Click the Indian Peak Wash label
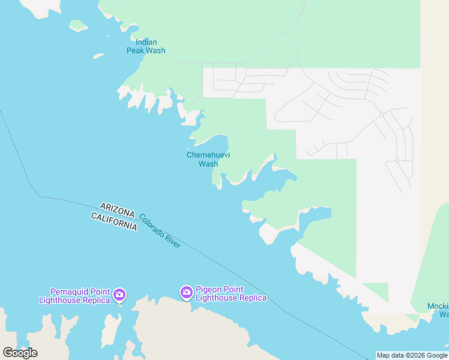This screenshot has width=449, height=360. [x=146, y=46]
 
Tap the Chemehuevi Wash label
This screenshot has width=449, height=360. [x=208, y=159]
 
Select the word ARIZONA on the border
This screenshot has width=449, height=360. [x=118, y=209]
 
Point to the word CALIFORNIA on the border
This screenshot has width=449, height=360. [x=114, y=220]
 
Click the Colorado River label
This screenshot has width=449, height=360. [x=160, y=231]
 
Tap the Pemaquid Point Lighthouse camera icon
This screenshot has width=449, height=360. [x=119, y=294]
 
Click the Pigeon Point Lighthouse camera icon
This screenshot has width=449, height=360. [x=187, y=292]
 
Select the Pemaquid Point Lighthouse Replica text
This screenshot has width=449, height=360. [x=74, y=295]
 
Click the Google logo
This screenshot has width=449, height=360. [x=20, y=353]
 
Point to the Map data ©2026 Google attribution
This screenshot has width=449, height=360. [x=412, y=355]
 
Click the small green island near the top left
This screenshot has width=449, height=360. [x=78, y=26]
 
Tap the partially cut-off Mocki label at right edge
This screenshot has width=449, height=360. [x=438, y=310]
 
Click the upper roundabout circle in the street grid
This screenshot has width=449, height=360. [x=381, y=115]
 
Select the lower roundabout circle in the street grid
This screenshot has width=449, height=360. [x=397, y=161]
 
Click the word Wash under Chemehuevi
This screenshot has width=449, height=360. [x=208, y=164]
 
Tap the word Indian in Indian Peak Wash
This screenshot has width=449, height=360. [x=146, y=42]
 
